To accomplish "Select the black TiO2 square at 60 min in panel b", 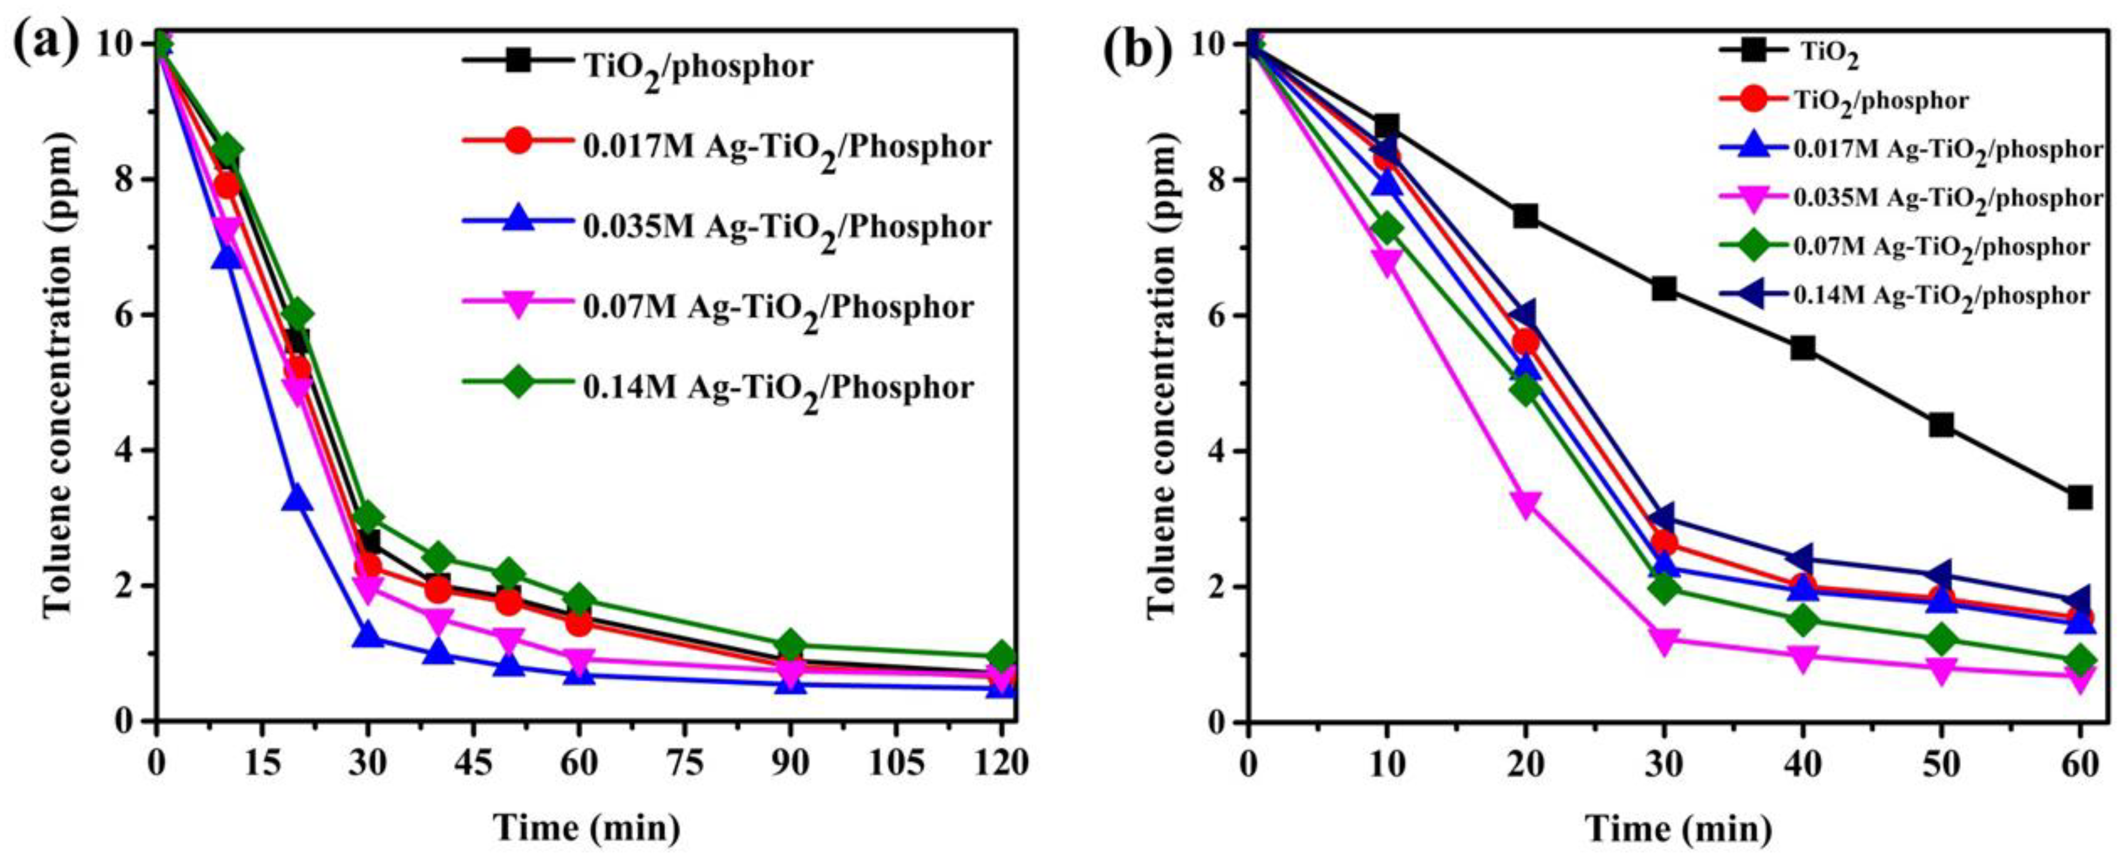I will coord(2080,497).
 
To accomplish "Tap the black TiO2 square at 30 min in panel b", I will coord(1664,288).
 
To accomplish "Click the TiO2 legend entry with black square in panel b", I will coord(1790,53).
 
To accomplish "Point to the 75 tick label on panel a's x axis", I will coord(685,763).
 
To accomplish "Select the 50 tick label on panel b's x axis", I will coord(1941,763).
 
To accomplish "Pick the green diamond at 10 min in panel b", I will coord(1388,228).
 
